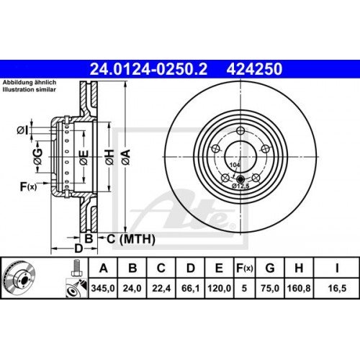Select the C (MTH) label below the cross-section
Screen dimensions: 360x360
(x=123, y=238)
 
